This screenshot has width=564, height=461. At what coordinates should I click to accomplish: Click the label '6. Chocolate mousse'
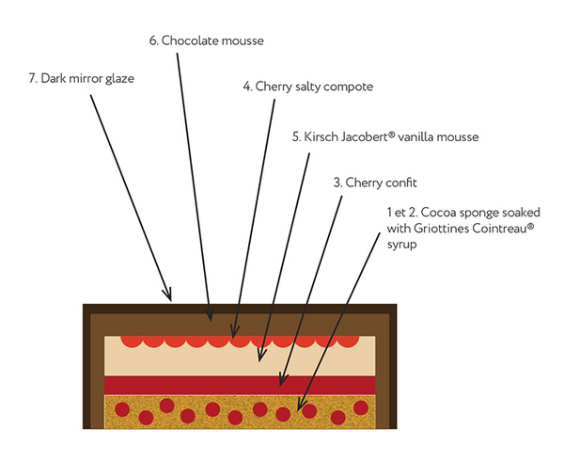207,40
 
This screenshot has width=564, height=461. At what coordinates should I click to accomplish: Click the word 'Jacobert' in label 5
373,137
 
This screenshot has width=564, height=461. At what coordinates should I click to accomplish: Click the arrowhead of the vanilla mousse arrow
261,358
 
